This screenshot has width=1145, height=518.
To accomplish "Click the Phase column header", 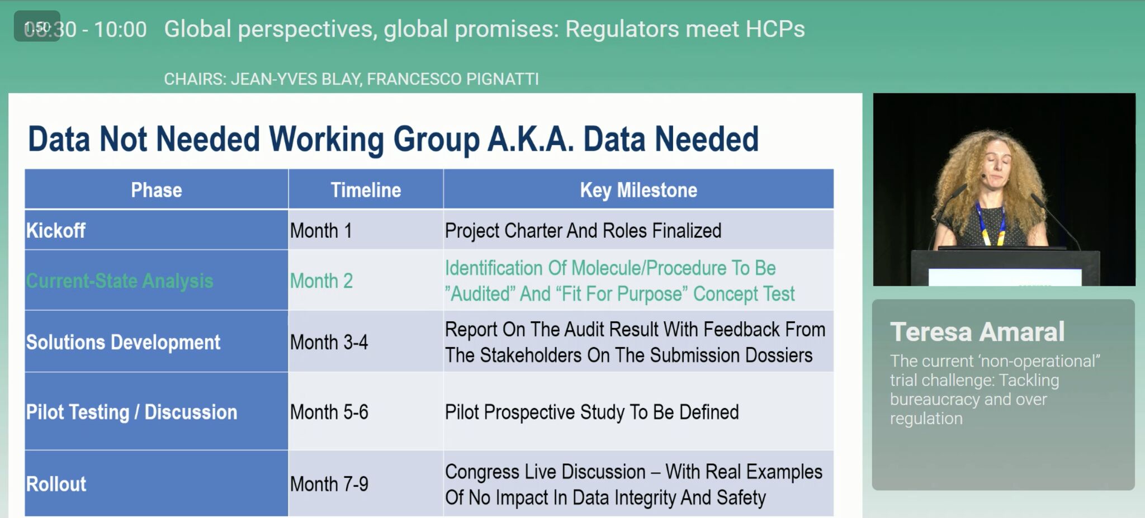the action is coord(157,190).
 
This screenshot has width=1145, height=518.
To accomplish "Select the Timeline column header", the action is coord(366,190).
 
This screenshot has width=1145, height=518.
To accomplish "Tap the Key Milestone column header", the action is coord(638,190).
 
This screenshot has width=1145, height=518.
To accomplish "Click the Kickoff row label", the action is coord(56,230).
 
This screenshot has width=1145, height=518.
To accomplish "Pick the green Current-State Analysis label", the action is coord(120,281).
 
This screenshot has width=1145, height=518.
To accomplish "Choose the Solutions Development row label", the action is coord(124,342).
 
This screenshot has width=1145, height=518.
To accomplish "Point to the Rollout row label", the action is coord(56,484).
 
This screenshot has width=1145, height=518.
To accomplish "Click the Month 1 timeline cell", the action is coord(321,230).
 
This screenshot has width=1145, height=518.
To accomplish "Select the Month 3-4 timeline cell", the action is coord(329,342).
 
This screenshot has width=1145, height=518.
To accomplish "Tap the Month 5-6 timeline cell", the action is coord(329,412).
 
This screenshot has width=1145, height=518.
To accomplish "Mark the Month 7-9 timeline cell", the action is coord(329,484).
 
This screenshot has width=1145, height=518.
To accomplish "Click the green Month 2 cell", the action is coord(321,281).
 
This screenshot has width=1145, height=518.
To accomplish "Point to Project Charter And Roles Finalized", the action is coord(583,230).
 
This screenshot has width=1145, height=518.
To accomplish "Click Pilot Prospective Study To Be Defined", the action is coord(592,412).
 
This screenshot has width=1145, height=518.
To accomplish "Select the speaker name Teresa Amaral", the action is coord(977,332).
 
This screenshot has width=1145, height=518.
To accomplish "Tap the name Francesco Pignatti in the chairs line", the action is coord(453,79).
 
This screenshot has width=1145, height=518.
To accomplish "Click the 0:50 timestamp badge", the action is coord(37,26).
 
